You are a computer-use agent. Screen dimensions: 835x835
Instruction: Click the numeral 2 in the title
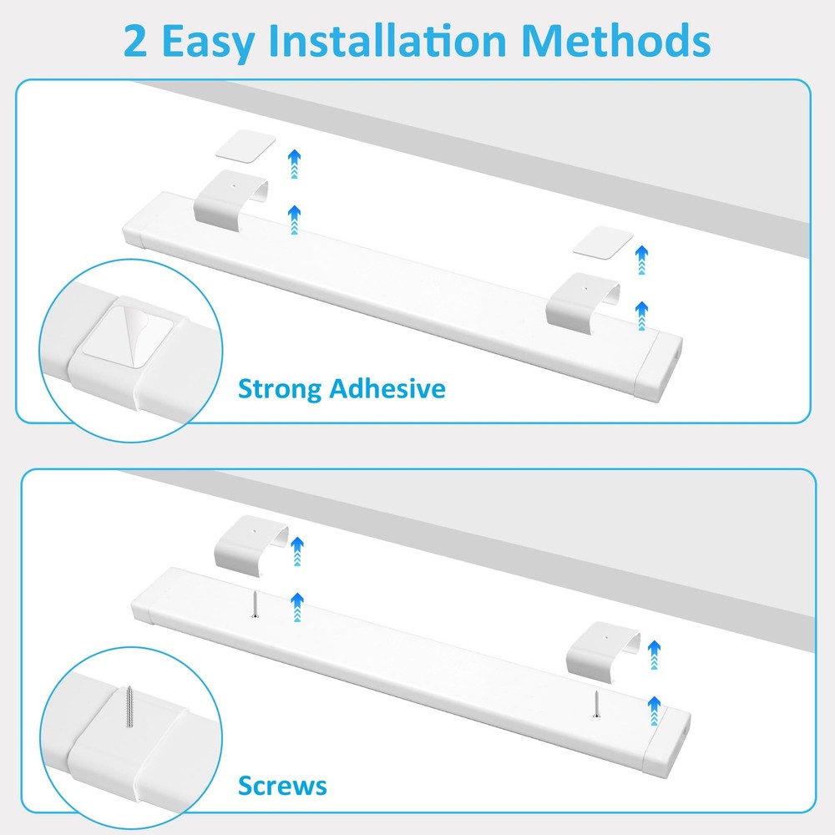pyautogui.click(x=135, y=42)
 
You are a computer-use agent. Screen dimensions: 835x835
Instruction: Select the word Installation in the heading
pyautogui.click(x=387, y=40)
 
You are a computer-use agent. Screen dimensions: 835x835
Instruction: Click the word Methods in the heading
pyautogui.click(x=616, y=40)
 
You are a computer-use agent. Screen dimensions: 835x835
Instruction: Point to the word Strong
pyautogui.click(x=280, y=389)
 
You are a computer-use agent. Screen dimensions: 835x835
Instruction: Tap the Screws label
pyautogui.click(x=282, y=786)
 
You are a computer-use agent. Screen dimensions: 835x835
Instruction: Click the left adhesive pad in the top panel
pyautogui.click(x=245, y=144)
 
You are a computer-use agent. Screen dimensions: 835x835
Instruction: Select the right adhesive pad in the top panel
pyautogui.click(x=603, y=242)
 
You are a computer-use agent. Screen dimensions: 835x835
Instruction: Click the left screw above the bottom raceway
pyautogui.click(x=255, y=605)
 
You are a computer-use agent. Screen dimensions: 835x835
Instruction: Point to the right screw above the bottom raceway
pyautogui.click(x=596, y=703)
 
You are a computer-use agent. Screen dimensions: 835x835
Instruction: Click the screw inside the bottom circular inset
pyautogui.click(x=129, y=707)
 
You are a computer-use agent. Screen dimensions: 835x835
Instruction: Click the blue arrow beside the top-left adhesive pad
pyautogui.click(x=295, y=164)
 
